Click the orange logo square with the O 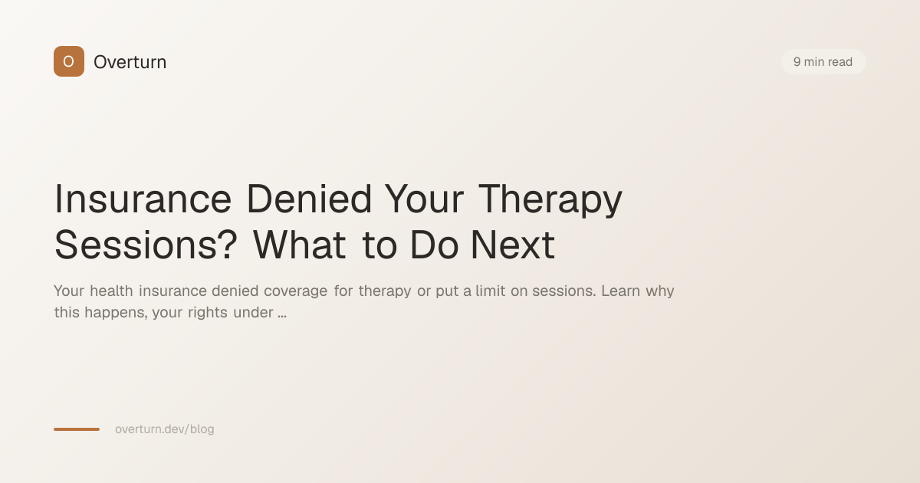point(68,61)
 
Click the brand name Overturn point(130,62)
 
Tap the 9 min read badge point(823,62)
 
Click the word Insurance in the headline point(143,199)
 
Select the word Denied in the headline point(309,199)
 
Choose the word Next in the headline point(512,245)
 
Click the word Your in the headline point(424,199)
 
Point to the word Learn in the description point(620,291)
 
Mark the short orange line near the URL point(77,429)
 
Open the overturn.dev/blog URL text point(165,429)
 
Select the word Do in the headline point(434,245)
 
